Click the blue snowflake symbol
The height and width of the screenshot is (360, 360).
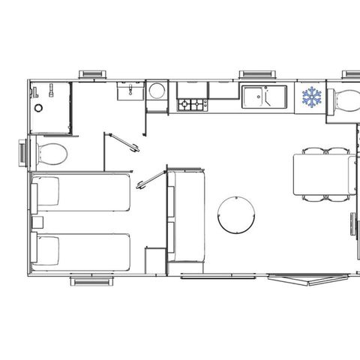point(311,97)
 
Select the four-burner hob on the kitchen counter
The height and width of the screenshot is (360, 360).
point(192,103)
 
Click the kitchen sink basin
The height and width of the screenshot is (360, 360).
point(256,97)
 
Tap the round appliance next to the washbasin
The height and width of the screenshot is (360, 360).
point(157,92)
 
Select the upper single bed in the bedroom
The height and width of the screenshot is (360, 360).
point(80,192)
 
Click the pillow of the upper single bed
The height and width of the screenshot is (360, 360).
point(46,192)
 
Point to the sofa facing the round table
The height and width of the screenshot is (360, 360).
point(183,216)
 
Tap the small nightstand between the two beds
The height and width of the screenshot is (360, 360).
point(34,222)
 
